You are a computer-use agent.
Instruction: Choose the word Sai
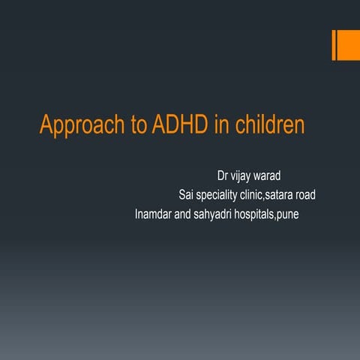coord(187,196)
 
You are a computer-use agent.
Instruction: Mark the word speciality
coord(224,196)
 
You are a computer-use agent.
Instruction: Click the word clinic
coord(267,196)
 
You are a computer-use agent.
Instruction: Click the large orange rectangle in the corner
coord(348,46)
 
